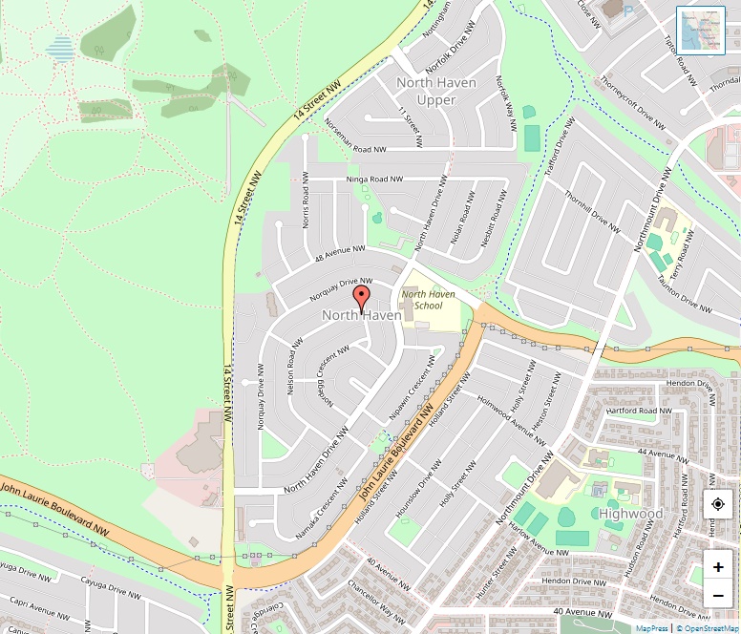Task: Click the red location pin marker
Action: pos(361,297)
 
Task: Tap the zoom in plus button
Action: pos(718,566)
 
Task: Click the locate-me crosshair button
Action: pos(718,505)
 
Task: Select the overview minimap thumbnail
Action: pos(701,31)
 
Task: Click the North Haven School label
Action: pos(428,300)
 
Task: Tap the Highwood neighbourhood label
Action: pos(631,514)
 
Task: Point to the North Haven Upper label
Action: pos(436,92)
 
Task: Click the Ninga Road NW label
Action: pos(373,180)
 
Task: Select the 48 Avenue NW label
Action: pos(340,254)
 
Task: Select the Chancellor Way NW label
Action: pos(375,600)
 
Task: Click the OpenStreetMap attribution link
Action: pos(709,628)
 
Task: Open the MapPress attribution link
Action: pos(651,628)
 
